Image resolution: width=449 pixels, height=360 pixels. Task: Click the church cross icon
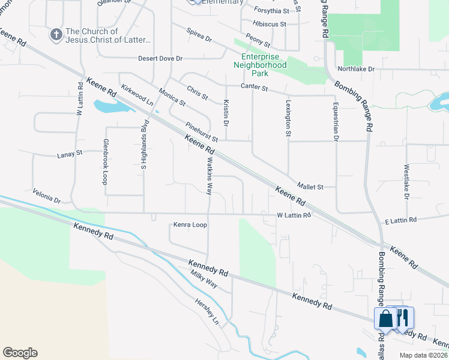click(56, 34)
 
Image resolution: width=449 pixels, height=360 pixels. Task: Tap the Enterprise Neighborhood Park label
click(259, 64)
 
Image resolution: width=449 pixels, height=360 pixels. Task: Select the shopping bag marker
click(385, 318)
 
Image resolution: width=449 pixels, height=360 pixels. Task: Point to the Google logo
click(20, 353)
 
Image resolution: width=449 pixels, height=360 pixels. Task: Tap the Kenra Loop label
click(190, 225)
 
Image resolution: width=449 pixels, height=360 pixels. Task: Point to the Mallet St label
click(310, 187)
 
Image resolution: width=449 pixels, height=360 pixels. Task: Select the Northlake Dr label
click(356, 69)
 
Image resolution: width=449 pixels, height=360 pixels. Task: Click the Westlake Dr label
click(406, 181)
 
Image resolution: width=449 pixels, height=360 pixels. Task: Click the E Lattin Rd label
click(400, 221)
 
